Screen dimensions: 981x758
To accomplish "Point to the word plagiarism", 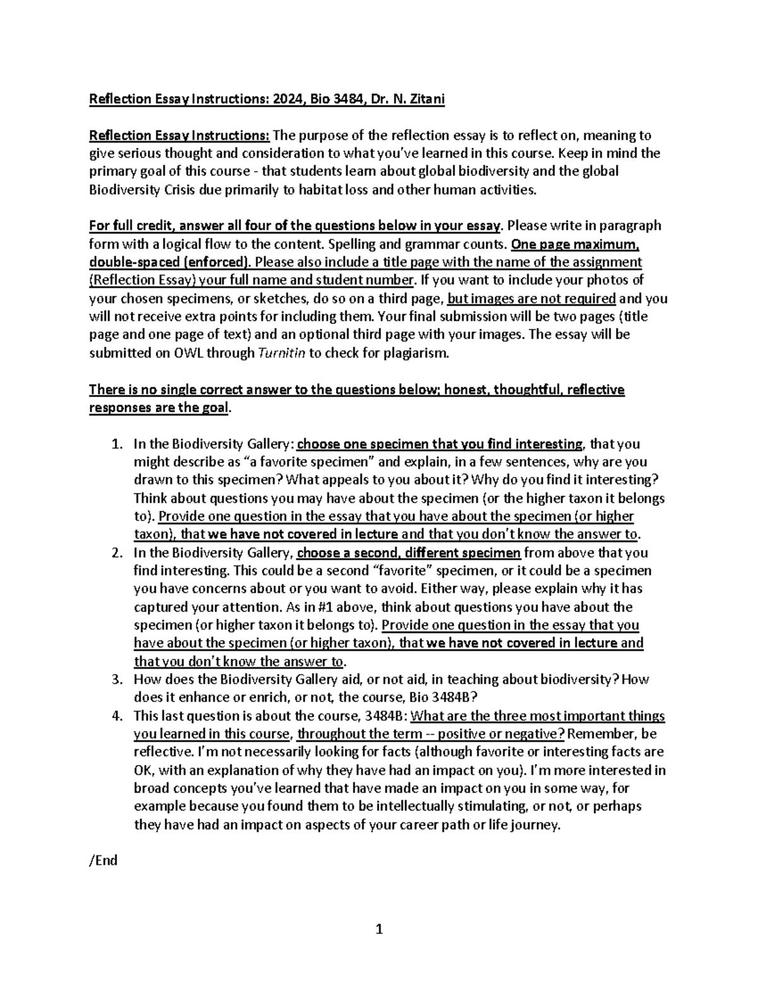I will (418, 353).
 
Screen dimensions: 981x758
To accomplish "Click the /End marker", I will (104, 861).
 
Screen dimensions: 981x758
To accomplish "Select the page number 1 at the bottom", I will (379, 929).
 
